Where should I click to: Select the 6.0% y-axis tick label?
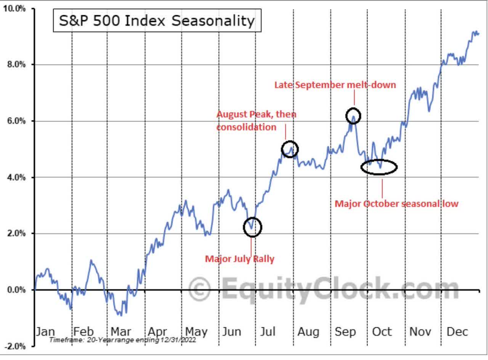[x=16, y=121]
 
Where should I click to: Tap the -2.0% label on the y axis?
[x=15, y=346]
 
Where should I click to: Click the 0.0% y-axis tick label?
[x=16, y=290]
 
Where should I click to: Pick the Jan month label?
[x=45, y=331]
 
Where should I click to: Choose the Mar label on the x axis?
[x=121, y=331]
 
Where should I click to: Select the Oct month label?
[x=382, y=331]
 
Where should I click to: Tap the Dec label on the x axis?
[x=457, y=331]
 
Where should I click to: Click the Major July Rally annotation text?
[x=239, y=259]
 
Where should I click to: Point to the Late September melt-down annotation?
[x=335, y=85]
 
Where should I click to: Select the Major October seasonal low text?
[x=396, y=204]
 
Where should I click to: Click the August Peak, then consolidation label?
[x=256, y=120]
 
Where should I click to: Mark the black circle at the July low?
[x=252, y=227]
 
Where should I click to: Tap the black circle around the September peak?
[x=353, y=115]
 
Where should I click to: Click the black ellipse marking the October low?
[x=379, y=167]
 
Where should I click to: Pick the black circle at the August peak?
[x=290, y=149]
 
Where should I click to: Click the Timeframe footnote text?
[x=122, y=340]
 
